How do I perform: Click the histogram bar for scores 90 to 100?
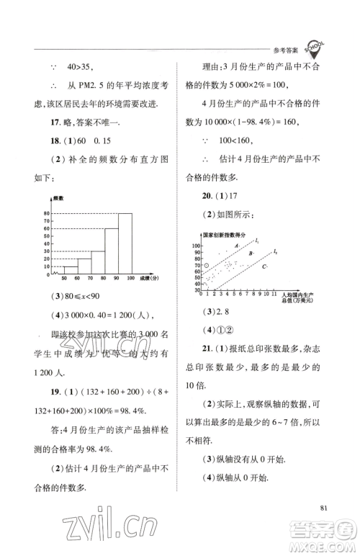[x=125, y=242]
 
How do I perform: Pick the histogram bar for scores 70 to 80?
[x=97, y=260]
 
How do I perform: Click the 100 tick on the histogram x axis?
[x=131, y=277]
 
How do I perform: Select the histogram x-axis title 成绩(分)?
[x=149, y=277]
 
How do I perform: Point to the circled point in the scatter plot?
[x=207, y=266]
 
